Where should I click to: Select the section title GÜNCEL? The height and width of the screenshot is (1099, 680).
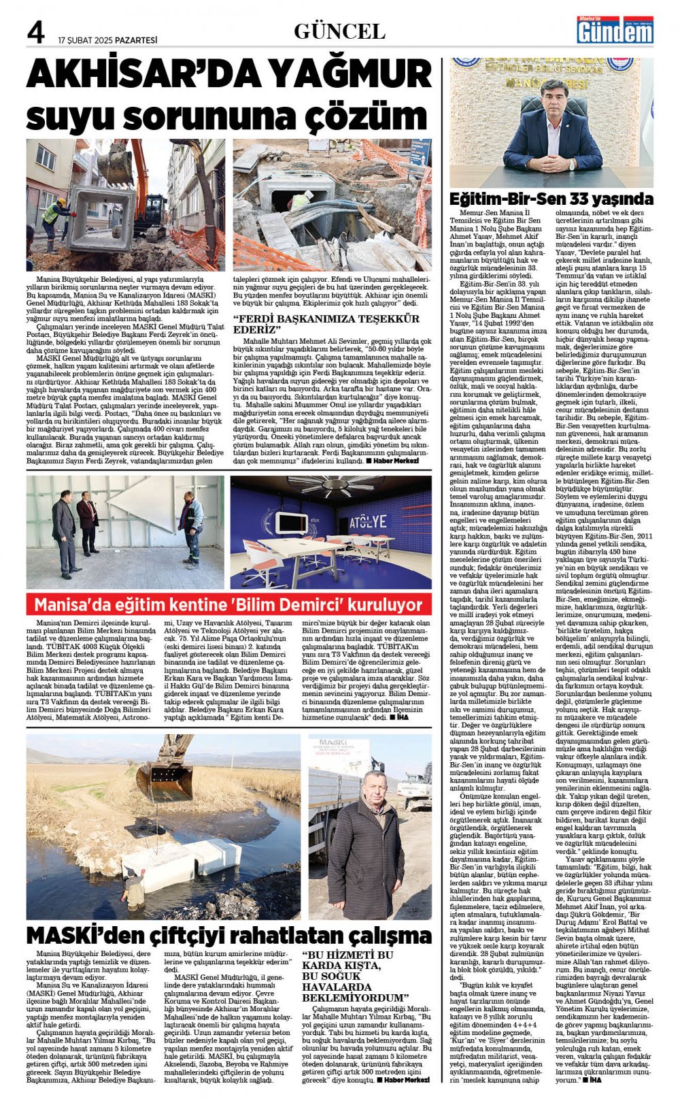[339, 31]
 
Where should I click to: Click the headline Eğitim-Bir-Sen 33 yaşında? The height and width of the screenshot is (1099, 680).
[551, 199]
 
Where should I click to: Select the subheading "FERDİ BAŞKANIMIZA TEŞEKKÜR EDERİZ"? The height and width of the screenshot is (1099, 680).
[326, 323]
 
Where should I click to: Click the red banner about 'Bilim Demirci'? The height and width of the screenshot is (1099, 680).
[228, 604]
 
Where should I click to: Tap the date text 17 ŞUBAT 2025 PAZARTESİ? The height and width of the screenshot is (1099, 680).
[107, 40]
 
